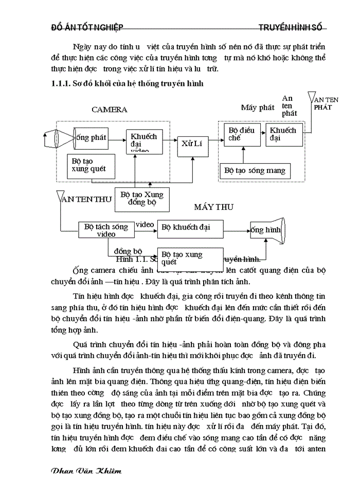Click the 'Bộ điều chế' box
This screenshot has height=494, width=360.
tap(242, 135)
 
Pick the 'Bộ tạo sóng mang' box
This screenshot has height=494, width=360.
tap(254, 170)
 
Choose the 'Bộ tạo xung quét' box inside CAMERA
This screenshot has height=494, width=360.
tap(90, 165)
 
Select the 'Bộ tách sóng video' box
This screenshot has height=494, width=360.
tap(106, 230)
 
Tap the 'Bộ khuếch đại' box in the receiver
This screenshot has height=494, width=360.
tap(190, 227)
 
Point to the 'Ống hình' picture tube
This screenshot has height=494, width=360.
tap(267, 231)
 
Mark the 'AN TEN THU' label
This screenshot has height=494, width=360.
tap(86, 200)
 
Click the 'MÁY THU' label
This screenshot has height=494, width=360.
tap(213, 207)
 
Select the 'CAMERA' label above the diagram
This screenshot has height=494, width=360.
tap(109, 109)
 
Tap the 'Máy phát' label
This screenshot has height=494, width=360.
tap(258, 108)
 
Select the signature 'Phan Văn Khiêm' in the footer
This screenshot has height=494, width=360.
tap(87, 471)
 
